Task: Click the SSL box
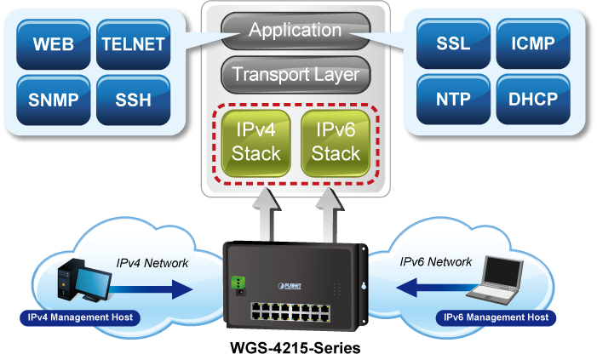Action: tap(452, 44)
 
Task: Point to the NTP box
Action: tap(452, 100)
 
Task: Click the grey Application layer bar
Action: tap(294, 31)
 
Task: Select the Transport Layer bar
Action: tap(296, 74)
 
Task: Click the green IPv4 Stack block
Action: tap(255, 142)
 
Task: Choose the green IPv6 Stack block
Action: tap(336, 142)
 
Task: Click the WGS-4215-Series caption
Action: tap(296, 348)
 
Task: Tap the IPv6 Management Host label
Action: tap(496, 317)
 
